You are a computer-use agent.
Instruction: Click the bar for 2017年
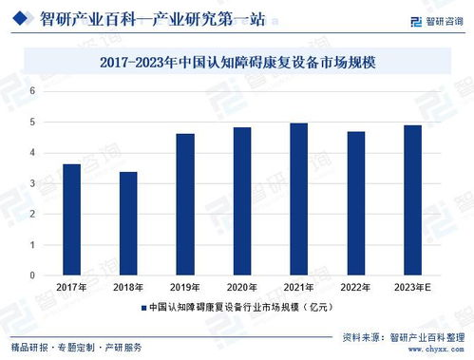coord(71,219)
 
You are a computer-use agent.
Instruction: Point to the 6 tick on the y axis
coord(32,91)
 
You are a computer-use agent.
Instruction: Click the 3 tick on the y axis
coord(32,183)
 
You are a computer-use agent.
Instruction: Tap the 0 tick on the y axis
coord(32,275)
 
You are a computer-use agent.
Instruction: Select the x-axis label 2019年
coord(185,288)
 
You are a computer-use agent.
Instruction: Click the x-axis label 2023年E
coord(413,288)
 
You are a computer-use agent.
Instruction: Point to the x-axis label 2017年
coord(71,288)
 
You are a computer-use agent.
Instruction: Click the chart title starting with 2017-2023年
coord(237,63)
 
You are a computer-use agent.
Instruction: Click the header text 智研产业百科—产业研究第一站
coord(152,18)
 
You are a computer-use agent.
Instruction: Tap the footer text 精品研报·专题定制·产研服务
coord(76,347)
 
